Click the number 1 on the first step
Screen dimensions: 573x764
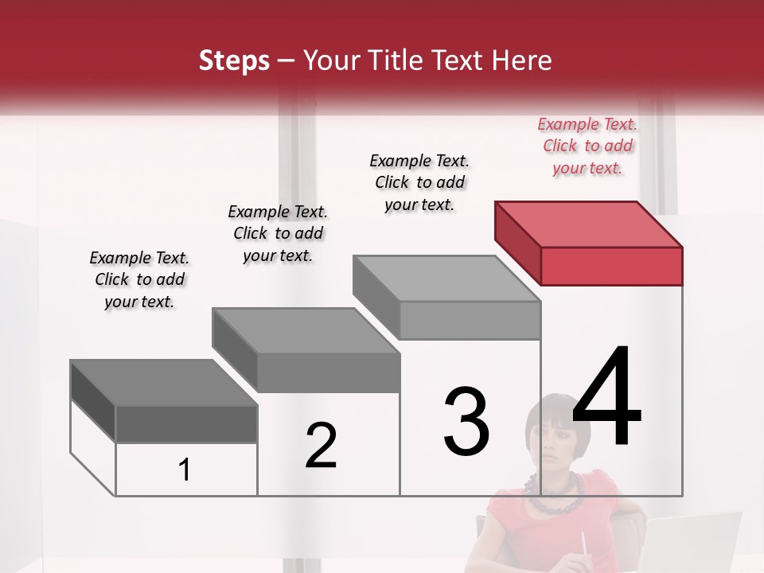pyautogui.click(x=185, y=470)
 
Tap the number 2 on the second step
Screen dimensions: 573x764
pyautogui.click(x=321, y=445)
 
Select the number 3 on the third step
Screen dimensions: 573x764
pyautogui.click(x=466, y=421)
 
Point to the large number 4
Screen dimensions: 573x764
pyautogui.click(x=606, y=397)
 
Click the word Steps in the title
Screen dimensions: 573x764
pyautogui.click(x=234, y=60)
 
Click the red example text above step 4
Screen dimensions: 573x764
pyautogui.click(x=587, y=146)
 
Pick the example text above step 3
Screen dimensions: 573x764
pyautogui.click(x=419, y=182)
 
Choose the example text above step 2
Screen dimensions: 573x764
pyautogui.click(x=278, y=233)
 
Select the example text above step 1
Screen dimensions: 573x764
pyautogui.click(x=139, y=279)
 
